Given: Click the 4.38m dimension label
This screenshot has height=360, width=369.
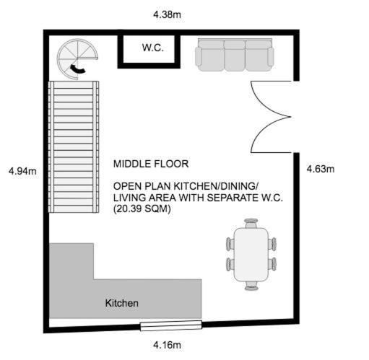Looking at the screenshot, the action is (x=167, y=15).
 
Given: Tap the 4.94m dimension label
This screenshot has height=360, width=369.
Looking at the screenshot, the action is (x=22, y=171).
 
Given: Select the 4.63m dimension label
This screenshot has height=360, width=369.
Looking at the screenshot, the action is (x=321, y=169).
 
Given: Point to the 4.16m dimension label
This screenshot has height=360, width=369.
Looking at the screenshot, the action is (x=167, y=346).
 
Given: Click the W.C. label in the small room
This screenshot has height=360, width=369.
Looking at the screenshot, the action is (x=153, y=48).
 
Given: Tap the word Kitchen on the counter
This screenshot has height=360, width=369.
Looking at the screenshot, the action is (x=122, y=303).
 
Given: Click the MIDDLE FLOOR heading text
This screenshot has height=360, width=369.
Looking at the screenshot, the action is (x=151, y=164).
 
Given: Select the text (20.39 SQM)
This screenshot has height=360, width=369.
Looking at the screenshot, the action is (x=142, y=208).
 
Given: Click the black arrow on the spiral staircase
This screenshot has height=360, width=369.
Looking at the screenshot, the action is (x=77, y=69).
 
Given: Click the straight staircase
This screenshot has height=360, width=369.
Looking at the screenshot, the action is (x=74, y=147).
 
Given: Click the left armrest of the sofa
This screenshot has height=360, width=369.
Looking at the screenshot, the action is (x=199, y=57).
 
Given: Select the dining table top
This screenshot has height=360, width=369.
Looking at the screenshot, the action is (x=251, y=255).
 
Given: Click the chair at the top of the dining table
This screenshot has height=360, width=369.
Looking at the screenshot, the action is (x=251, y=224).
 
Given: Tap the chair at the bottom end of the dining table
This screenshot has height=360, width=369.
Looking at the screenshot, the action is (x=251, y=286).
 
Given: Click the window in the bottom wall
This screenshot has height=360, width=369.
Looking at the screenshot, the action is (x=171, y=325).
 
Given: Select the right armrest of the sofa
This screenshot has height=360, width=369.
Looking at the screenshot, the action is (x=271, y=57).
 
